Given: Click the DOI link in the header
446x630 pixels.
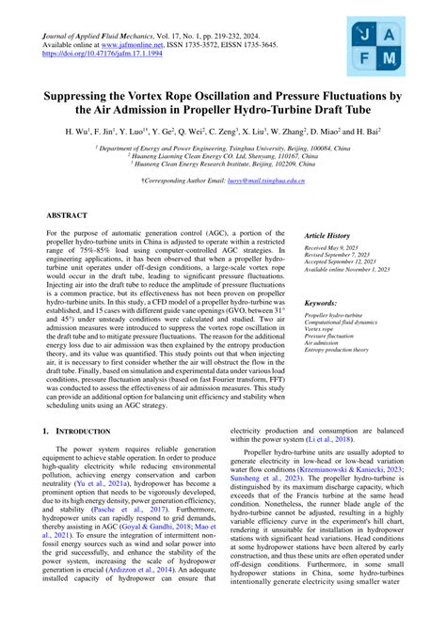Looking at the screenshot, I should point(91,55).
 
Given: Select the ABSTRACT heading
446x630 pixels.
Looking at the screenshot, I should point(72,215).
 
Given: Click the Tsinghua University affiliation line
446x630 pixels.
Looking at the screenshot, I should point(223,148).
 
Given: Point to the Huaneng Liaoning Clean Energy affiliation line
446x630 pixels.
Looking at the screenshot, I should point(223,156).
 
